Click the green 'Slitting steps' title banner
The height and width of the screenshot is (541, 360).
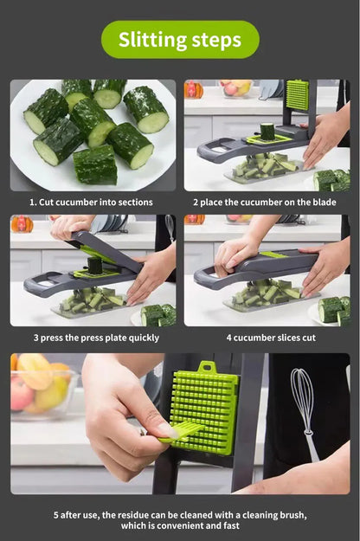click(x=180, y=39)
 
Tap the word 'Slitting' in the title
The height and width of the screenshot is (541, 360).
click(x=151, y=39)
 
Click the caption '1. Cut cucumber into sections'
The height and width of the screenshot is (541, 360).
click(x=93, y=203)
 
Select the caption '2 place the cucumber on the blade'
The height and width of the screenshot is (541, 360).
click(x=267, y=203)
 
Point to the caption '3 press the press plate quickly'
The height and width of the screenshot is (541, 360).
click(x=96, y=338)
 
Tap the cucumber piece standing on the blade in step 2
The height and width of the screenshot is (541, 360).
click(x=267, y=132)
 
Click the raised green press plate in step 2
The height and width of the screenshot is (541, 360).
click(x=297, y=95)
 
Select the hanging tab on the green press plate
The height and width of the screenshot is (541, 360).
click(x=205, y=367)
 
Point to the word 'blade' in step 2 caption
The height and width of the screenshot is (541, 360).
click(x=326, y=203)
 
